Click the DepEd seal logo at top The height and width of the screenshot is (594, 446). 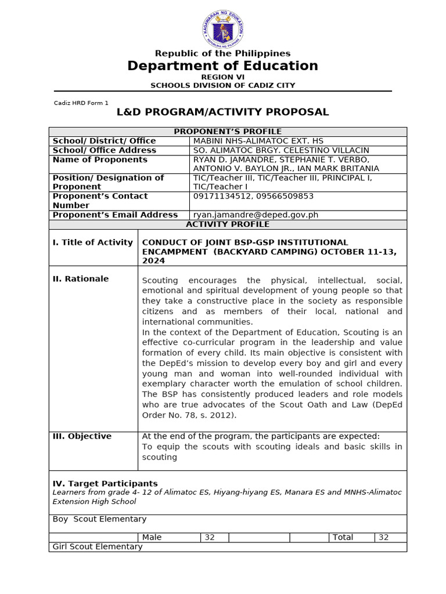[x=223, y=29]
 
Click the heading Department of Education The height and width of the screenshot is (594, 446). [x=222, y=66]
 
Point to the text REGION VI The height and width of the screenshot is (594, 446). [x=222, y=77]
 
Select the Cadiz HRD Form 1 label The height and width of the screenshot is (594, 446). [x=81, y=103]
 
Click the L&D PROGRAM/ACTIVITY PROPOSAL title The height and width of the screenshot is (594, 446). [x=222, y=112]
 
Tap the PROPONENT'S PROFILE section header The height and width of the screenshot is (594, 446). [x=228, y=132]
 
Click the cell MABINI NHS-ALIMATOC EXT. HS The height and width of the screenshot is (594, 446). [x=258, y=141]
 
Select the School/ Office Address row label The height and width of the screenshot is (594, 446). [x=104, y=150]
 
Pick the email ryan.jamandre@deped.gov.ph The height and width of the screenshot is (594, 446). [x=256, y=215]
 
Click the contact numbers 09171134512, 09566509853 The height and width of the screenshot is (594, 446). [x=253, y=196]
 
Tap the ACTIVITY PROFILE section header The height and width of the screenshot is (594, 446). [x=228, y=224]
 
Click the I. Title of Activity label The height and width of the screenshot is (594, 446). [x=93, y=242]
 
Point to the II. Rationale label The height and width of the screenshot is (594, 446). [x=81, y=279]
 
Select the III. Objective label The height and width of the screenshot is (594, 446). [x=82, y=436]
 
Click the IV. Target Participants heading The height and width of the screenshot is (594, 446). [x=105, y=483]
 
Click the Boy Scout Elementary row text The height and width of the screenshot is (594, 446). [x=99, y=519]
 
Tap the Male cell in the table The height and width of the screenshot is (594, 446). [x=152, y=537]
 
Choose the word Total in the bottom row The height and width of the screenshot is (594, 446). [x=343, y=537]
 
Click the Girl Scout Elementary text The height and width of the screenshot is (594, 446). [x=98, y=546]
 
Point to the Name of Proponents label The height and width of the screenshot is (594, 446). [x=100, y=160]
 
